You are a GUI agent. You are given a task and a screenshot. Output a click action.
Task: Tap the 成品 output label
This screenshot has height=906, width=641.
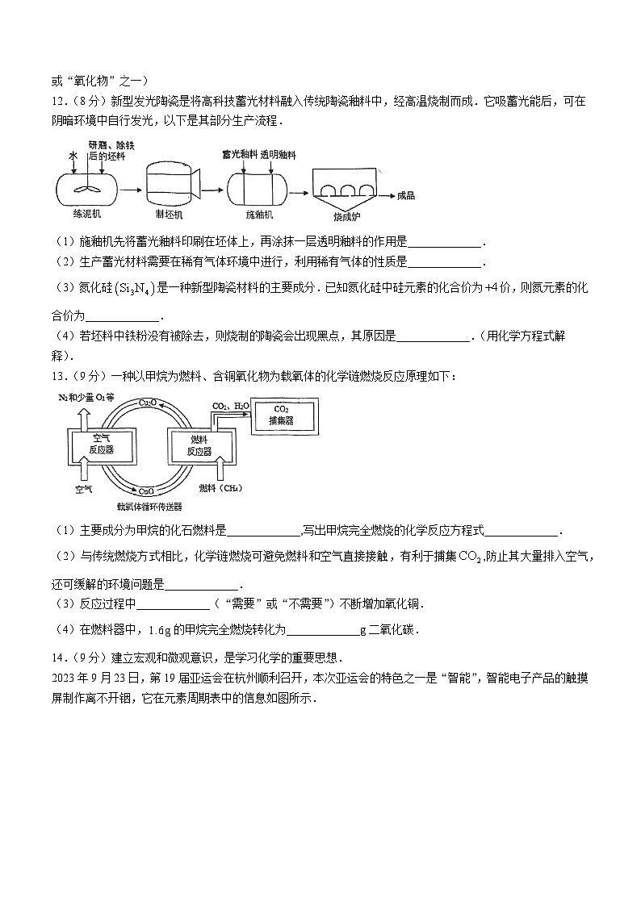(x=406, y=195)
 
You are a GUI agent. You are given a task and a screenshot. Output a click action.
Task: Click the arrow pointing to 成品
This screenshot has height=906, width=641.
(x=389, y=195)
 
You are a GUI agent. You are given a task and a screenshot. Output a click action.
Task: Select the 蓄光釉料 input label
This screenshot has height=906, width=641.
(x=238, y=153)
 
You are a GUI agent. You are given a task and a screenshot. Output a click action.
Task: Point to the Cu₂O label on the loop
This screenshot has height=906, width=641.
(x=148, y=402)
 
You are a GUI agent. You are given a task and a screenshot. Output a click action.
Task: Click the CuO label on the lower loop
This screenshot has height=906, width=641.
(x=146, y=490)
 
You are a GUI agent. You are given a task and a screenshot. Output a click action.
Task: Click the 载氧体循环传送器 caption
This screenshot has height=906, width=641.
(x=149, y=507)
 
